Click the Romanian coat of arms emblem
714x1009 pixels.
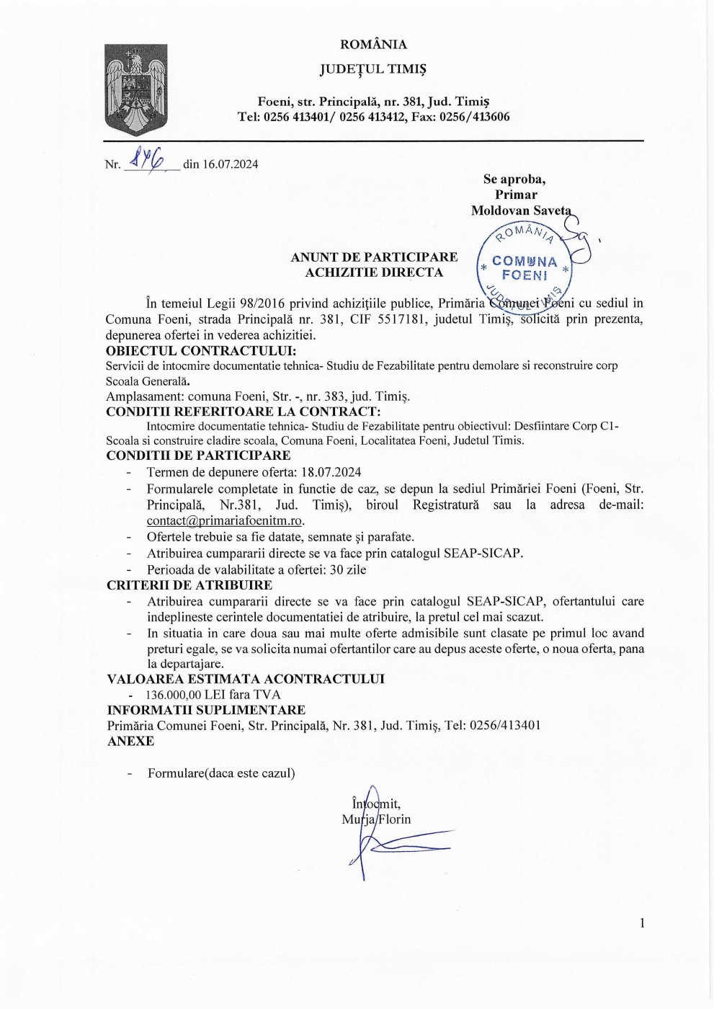click(x=136, y=89)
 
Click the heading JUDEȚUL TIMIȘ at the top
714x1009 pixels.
click(x=373, y=69)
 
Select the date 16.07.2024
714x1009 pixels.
click(x=230, y=164)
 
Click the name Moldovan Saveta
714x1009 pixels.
click(x=520, y=210)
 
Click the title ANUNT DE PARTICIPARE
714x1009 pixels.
click(x=374, y=257)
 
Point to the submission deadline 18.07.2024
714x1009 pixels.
click(x=331, y=473)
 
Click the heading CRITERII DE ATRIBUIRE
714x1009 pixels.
click(x=189, y=585)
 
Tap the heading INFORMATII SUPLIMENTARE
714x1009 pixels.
click(x=206, y=710)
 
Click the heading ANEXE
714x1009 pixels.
click(x=130, y=741)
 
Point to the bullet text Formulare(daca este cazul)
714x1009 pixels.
click(x=221, y=773)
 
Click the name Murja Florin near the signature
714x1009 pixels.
click(x=376, y=819)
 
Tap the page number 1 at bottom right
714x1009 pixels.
click(x=642, y=923)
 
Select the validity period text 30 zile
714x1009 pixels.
click(x=348, y=569)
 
